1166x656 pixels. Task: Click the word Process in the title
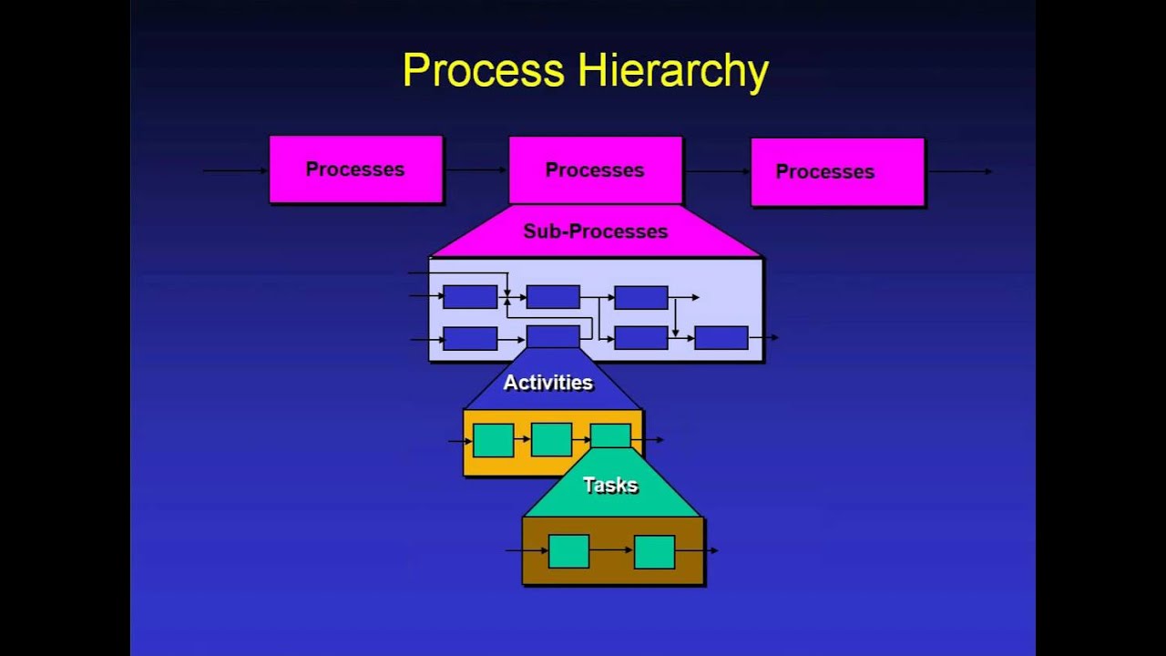[484, 70]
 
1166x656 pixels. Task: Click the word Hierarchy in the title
[671, 72]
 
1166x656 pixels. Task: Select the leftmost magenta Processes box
[355, 169]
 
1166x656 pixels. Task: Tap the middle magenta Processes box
[595, 170]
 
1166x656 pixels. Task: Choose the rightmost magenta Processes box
[837, 172]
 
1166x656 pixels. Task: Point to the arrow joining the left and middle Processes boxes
[476, 170]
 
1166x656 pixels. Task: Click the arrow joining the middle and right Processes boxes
[716, 171]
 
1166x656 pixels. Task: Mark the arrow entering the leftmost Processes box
[235, 170]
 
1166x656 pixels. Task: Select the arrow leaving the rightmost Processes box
[958, 171]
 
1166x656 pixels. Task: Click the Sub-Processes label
[596, 231]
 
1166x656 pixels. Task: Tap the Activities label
[548, 383]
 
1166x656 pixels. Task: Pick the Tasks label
[610, 486]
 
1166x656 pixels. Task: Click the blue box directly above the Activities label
[553, 336]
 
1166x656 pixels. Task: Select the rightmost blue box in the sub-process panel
[721, 338]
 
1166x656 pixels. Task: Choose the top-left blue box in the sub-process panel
[470, 297]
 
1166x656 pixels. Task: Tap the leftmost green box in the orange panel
[493, 440]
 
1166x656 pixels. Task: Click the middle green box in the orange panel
[551, 439]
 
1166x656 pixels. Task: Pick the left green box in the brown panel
[568, 551]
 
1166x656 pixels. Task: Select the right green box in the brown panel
[654, 552]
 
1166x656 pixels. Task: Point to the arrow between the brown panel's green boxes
[611, 550]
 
